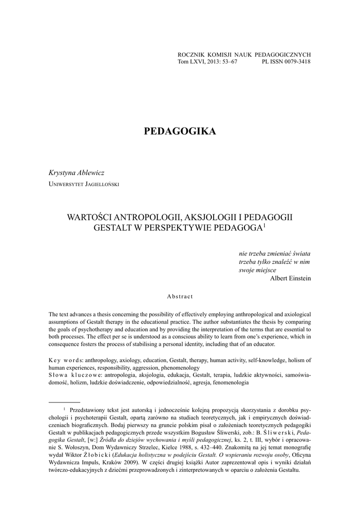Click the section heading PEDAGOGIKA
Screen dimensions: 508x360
point(180,131)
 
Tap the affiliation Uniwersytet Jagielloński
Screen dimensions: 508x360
point(83,184)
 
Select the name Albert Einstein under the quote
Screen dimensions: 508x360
point(290,278)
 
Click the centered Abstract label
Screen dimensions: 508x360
point(180,296)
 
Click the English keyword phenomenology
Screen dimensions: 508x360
point(179,368)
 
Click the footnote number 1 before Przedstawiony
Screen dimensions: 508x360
point(64,410)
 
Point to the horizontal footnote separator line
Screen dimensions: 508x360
point(64,402)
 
